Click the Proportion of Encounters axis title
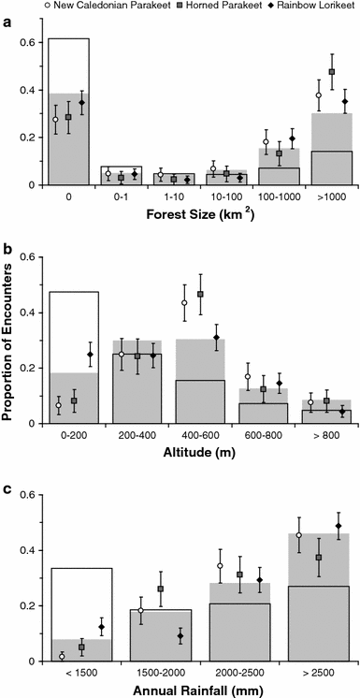(11, 338)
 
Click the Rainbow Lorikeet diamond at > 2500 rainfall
(338, 526)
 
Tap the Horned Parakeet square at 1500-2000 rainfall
(161, 589)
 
